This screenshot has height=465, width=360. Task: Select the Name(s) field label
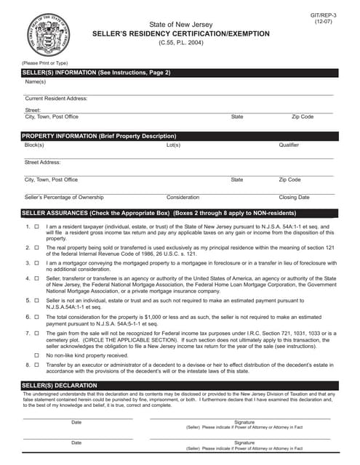point(36,82)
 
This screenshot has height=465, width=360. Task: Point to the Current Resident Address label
point(56,98)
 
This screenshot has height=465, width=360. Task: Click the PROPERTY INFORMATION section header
point(99,136)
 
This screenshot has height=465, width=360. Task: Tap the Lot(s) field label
point(173,145)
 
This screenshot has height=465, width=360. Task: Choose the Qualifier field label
point(289,145)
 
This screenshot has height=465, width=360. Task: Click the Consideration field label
point(183,198)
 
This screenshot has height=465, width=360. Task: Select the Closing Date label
point(294,198)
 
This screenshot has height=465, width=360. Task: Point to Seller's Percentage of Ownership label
point(64,198)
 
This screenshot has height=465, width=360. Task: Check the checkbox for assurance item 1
point(36,227)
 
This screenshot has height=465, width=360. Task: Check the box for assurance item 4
point(36,278)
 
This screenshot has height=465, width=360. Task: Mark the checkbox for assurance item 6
point(36,317)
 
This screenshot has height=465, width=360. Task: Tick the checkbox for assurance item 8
point(36,364)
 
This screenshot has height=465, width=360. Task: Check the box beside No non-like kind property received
point(36,355)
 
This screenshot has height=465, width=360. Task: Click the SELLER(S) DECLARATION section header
point(60,384)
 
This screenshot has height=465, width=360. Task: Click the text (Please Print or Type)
point(45,64)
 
